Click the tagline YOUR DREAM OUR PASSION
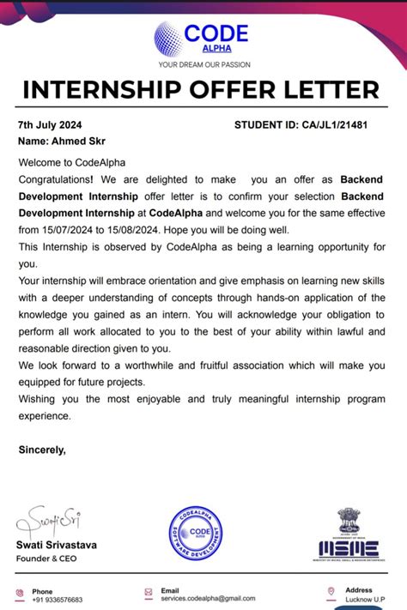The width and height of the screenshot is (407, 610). coord(203,64)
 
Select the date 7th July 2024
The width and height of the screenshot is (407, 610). coord(49,125)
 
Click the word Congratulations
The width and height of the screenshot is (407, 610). coord(56,179)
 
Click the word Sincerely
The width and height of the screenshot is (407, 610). coord(42,449)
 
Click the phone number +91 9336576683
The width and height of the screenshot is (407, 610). coord(58,600)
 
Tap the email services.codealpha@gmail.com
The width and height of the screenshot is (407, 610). coord(208,598)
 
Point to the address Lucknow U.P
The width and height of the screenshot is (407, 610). coord(367,600)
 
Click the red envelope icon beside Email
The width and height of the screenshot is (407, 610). coord(149,591)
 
